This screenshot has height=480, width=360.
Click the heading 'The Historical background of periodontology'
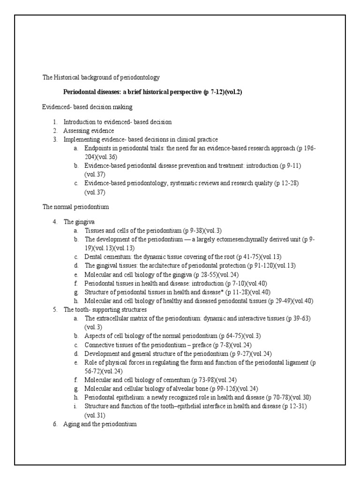[x=101, y=77]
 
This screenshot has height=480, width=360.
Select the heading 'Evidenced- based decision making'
[x=87, y=107]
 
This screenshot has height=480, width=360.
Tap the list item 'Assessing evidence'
[x=89, y=130]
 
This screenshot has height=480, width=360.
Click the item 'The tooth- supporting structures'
[x=105, y=309]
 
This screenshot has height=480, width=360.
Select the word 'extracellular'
[x=114, y=318]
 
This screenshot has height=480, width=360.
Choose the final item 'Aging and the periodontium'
[x=99, y=424]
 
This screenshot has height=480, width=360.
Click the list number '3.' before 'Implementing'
[x=54, y=139]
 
